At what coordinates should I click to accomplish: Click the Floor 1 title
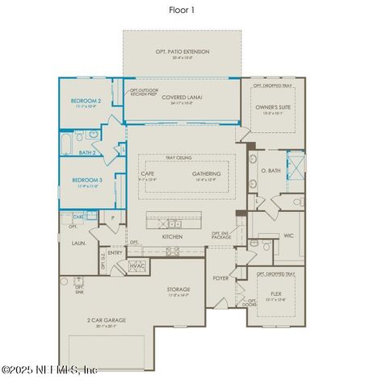point(182,10)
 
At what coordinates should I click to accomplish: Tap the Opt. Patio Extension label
point(182,52)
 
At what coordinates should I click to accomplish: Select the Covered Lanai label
point(182,98)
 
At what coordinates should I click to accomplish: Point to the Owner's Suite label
point(274,106)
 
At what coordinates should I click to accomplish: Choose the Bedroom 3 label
point(86,180)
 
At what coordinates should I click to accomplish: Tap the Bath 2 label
point(87,152)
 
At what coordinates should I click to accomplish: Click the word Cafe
point(148,173)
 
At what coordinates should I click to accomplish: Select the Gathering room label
point(207,173)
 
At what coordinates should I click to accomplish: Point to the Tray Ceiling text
point(178,157)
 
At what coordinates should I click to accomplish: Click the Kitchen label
point(172,236)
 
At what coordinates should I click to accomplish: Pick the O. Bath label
point(270,171)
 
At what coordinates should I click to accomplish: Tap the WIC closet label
point(288,236)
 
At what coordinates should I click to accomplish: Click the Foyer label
point(220,280)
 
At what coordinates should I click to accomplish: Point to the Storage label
point(178,289)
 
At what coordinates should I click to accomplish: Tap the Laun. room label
point(79,242)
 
